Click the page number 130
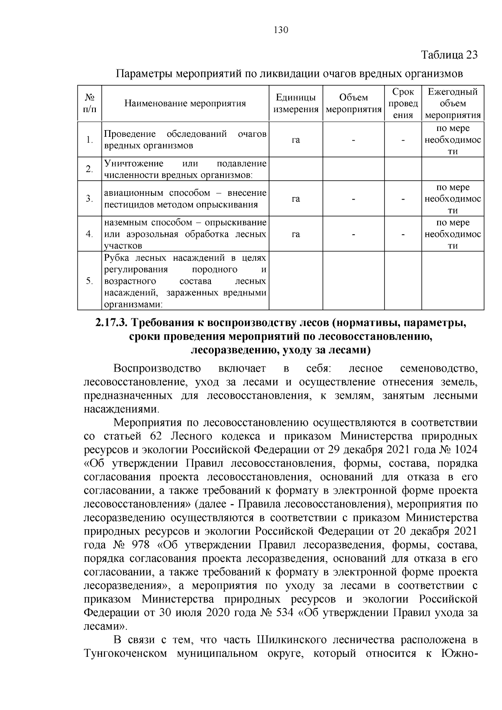281,30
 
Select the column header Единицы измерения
296,103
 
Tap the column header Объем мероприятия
353,103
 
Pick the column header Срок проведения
403,103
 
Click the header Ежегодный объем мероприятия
453,103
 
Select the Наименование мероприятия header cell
185,103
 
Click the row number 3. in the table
90,199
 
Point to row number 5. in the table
90,281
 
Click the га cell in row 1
296,140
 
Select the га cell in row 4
296,234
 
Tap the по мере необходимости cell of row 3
453,199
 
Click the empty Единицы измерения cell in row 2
296,169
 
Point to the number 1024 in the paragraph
464,450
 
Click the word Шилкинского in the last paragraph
291,640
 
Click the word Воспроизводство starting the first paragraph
157,369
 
